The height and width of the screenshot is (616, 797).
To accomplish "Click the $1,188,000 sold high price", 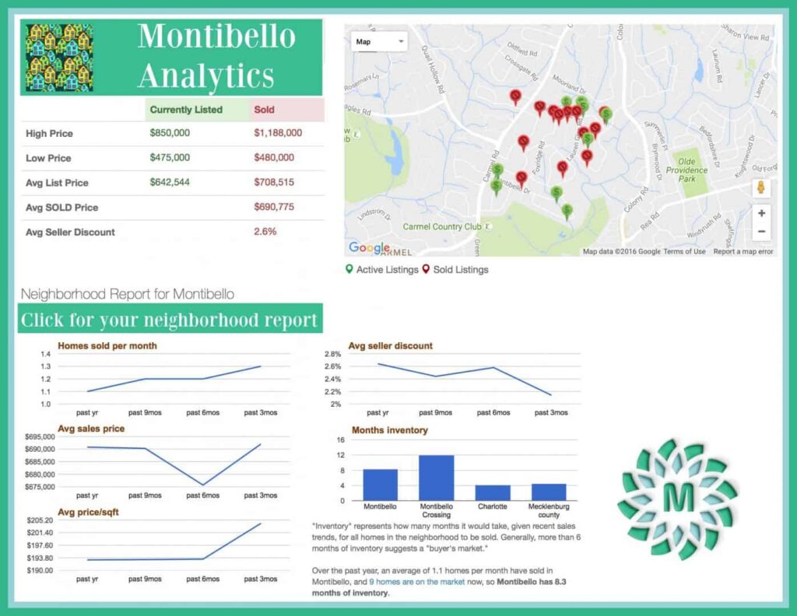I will click(278, 133).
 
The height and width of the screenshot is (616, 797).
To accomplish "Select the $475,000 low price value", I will click(170, 158).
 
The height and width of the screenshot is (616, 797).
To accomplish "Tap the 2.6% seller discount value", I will click(265, 232).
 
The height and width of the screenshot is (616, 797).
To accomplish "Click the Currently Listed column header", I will click(186, 110).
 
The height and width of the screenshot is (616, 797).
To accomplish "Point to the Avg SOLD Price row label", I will click(62, 208).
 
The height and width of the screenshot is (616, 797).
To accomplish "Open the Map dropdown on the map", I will click(379, 42).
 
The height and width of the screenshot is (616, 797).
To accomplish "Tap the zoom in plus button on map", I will click(761, 213).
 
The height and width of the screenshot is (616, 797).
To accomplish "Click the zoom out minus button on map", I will click(761, 232).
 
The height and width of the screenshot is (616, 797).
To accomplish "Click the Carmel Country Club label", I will click(442, 227).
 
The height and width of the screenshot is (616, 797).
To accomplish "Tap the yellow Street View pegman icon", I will click(761, 188).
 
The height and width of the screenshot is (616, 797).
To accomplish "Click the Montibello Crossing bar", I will click(436, 478).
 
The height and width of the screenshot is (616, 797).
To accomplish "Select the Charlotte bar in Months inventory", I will click(493, 492).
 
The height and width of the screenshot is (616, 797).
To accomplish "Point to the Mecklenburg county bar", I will click(549, 492).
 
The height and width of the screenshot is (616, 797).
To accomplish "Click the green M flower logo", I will click(677, 499).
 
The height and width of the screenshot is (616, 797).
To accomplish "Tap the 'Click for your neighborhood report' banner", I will click(170, 320).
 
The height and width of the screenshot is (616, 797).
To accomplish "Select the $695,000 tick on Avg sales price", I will click(38, 437).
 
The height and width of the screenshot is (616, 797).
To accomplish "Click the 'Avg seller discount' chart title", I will click(391, 345).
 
